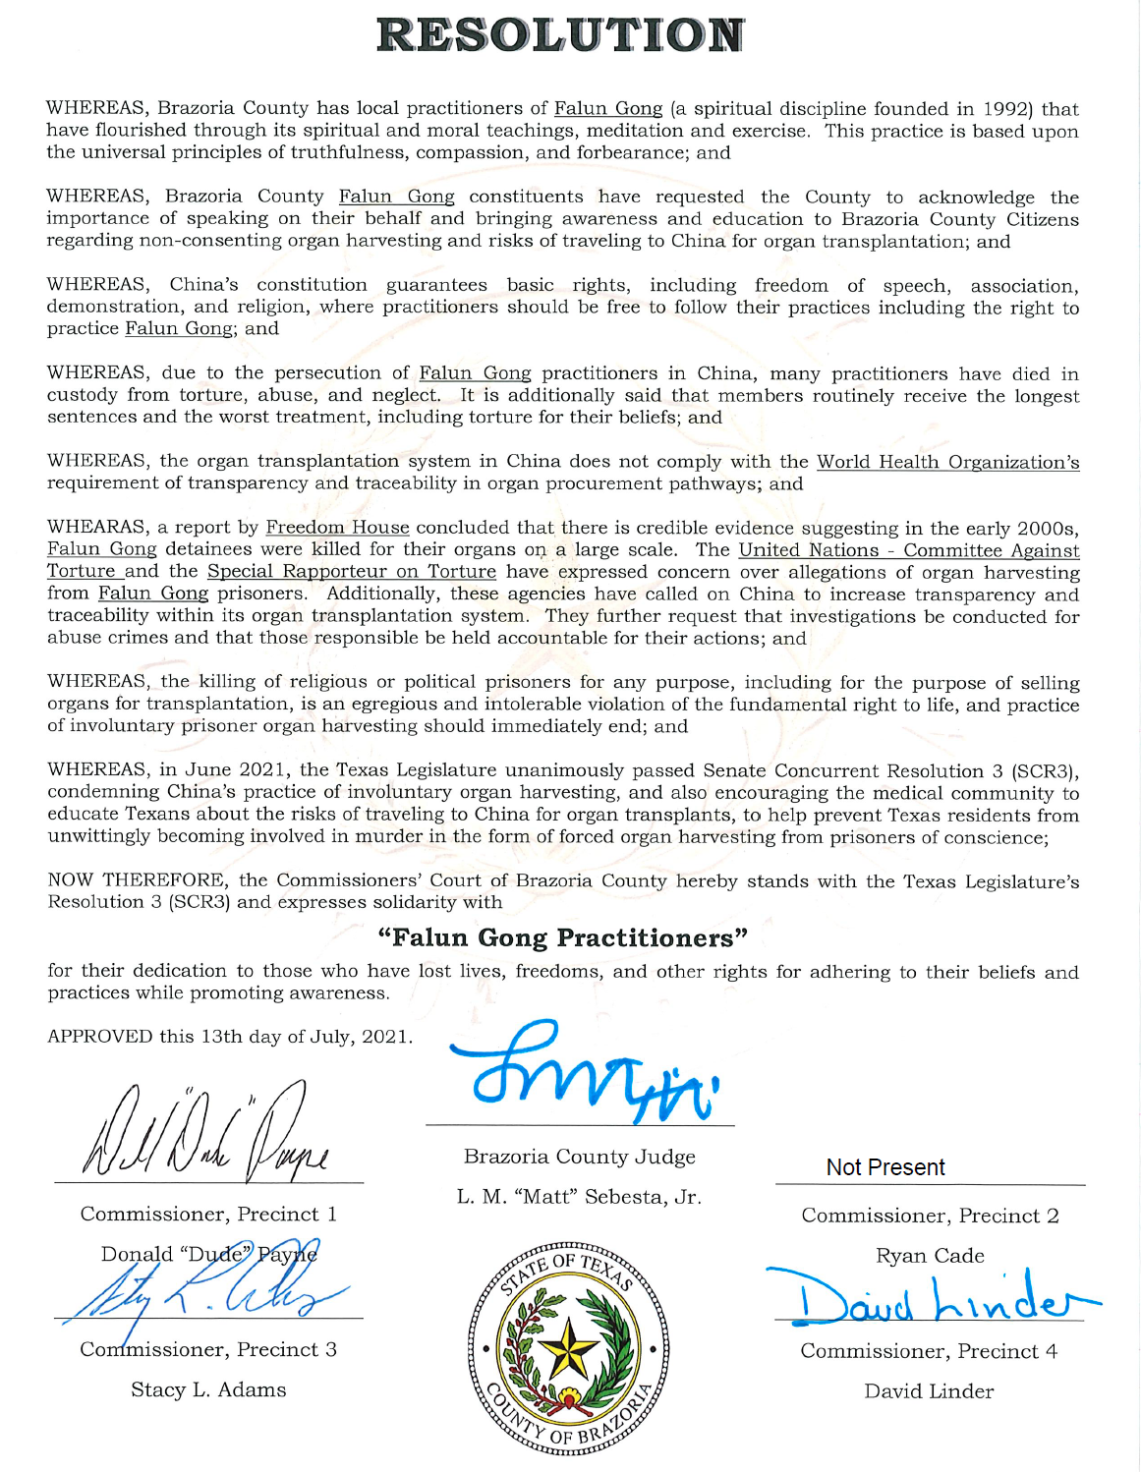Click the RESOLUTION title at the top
tap(560, 35)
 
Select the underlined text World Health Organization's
tap(947, 462)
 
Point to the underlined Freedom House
tap(337, 528)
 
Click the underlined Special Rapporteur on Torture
tap(351, 572)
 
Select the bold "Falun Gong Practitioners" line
tap(563, 938)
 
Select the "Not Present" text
tap(885, 1167)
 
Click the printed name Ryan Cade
tap(930, 1256)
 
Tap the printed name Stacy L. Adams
tap(208, 1389)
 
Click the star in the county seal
tap(567, 1349)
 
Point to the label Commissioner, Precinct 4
tap(929, 1351)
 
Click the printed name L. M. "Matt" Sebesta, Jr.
tap(579, 1197)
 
